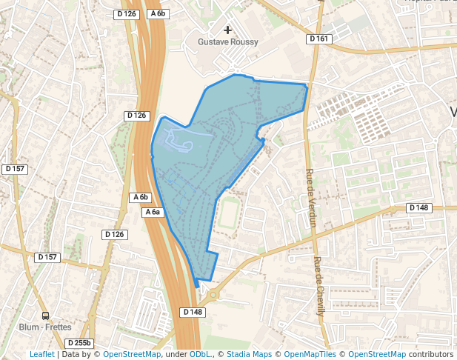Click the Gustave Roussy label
tap(227, 42)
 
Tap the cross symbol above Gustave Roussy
tap(227, 30)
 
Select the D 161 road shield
tap(318, 39)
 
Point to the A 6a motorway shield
tap(152, 212)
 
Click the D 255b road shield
tap(78, 343)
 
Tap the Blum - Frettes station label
tap(45, 327)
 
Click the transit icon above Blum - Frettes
tap(46, 316)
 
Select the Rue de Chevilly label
tap(319, 286)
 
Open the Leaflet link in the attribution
tap(42, 355)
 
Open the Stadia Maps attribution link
tap(249, 355)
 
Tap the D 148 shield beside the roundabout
tap(192, 312)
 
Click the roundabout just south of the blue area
tap(214, 294)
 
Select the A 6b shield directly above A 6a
tap(141, 197)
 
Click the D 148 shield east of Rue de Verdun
tap(419, 208)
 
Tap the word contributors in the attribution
tap(430, 355)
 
